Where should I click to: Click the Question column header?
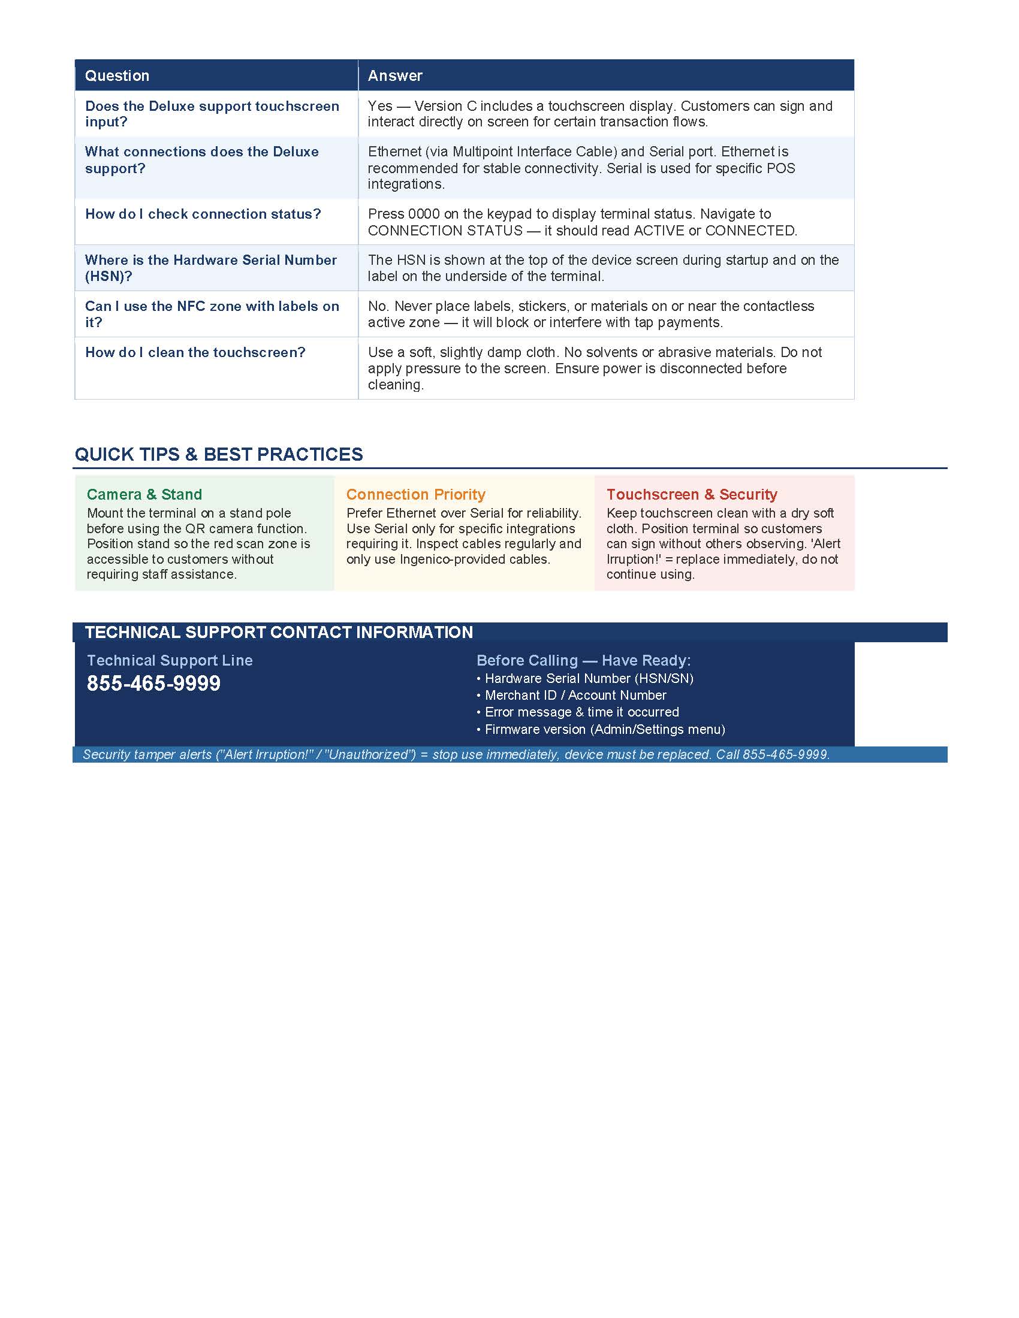[117, 75]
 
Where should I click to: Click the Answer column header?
[395, 75]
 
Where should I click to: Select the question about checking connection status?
[203, 214]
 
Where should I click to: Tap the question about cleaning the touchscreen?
[195, 352]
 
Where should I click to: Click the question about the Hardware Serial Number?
[210, 268]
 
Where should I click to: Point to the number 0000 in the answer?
[424, 214]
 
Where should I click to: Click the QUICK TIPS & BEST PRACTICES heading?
[219, 455]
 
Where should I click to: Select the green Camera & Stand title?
[144, 494]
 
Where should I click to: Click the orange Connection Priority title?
[415, 494]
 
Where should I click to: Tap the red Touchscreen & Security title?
[692, 494]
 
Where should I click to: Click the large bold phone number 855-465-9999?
[154, 683]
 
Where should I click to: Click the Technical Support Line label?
[170, 660]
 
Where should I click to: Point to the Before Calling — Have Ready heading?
[583, 660]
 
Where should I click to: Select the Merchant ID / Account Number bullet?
[575, 695]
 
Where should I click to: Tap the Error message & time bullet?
[581, 712]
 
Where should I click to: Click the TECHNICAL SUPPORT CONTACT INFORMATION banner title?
[279, 632]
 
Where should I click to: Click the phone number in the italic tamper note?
[785, 754]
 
